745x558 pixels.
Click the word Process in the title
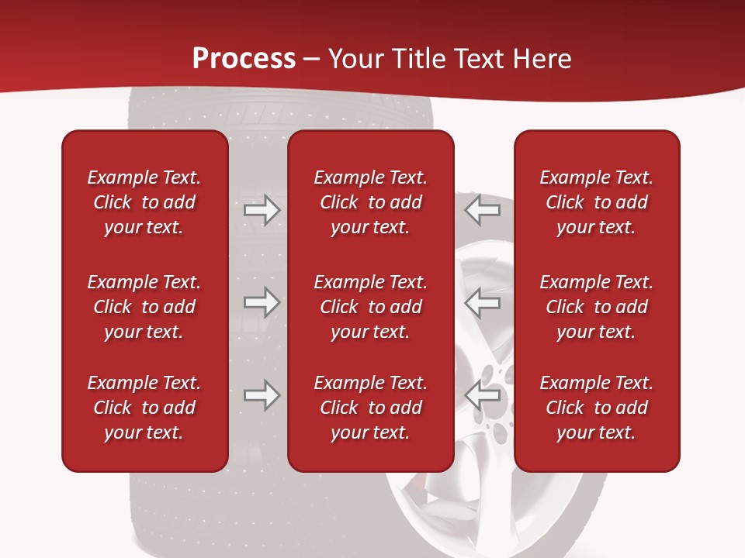coord(244,59)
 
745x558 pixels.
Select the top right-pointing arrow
coord(262,210)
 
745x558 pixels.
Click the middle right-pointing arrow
coord(262,302)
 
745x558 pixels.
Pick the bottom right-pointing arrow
coord(262,394)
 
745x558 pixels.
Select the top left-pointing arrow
coord(483,210)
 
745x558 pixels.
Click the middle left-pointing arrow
coord(483,302)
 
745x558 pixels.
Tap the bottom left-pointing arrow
coord(483,394)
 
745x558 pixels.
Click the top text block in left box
coord(144,202)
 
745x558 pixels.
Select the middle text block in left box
coord(144,307)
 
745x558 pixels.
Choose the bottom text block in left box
coord(144,408)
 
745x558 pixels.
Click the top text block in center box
coord(370,202)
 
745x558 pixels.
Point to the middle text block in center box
coord(370,307)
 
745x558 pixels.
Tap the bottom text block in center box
coord(370,408)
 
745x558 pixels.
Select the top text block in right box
coord(596,202)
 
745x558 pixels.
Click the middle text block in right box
coord(596,307)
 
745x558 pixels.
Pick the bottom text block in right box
coord(596,408)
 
